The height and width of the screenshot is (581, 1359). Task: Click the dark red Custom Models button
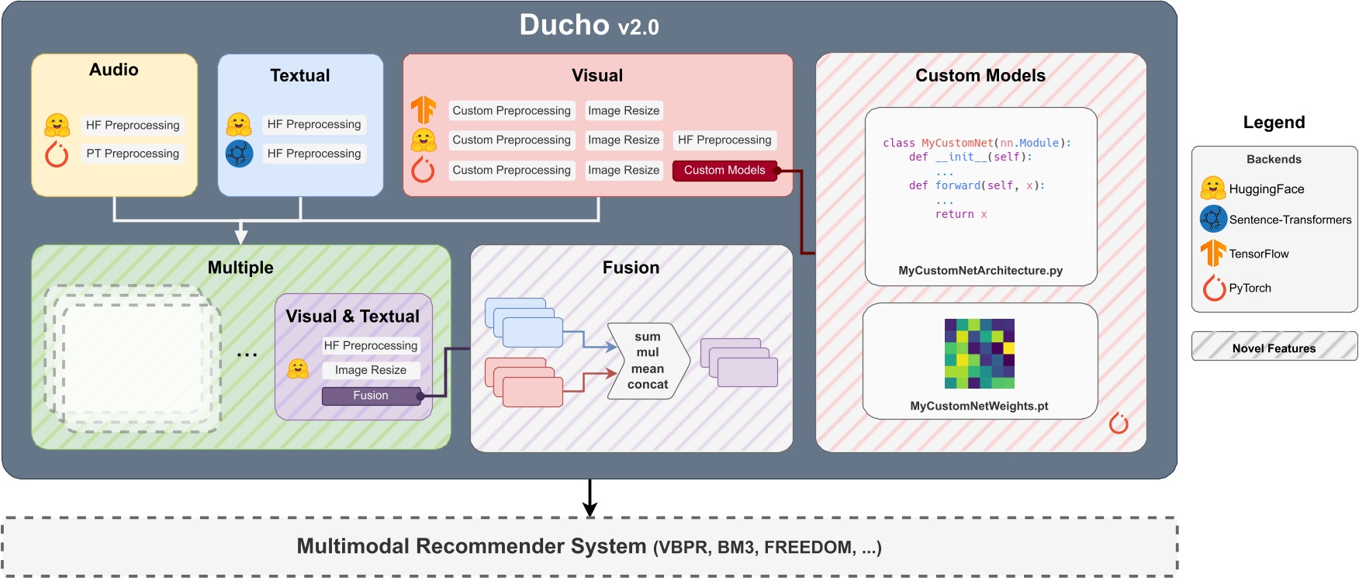pos(724,171)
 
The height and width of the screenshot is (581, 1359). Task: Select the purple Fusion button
pos(371,396)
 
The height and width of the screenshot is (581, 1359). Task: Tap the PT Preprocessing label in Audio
pos(133,154)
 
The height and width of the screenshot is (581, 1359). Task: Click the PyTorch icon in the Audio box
pos(57,154)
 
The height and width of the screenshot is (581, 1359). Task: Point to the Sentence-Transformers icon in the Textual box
pos(239,154)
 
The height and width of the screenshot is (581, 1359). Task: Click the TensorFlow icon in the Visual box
pos(424,110)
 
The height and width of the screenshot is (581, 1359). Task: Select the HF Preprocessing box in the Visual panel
pos(724,140)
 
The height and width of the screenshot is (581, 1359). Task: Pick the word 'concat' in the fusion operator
pos(648,385)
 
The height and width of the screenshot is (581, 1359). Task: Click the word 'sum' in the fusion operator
pos(648,337)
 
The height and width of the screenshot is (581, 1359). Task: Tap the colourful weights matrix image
pos(980,354)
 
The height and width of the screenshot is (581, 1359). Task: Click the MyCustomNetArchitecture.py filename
pos(980,271)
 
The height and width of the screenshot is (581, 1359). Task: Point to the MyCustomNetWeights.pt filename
pos(979,406)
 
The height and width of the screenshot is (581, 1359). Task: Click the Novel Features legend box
pos(1274,347)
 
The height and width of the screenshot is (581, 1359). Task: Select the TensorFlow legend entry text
pos(1258,254)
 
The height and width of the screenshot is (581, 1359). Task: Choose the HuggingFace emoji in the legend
pos(1213,188)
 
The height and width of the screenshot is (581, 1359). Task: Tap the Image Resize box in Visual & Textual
pos(371,371)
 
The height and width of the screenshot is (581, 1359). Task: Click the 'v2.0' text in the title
pos(638,28)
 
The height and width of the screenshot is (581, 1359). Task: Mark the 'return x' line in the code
pos(961,215)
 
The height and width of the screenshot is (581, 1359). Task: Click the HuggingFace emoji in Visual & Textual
pos(298,368)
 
